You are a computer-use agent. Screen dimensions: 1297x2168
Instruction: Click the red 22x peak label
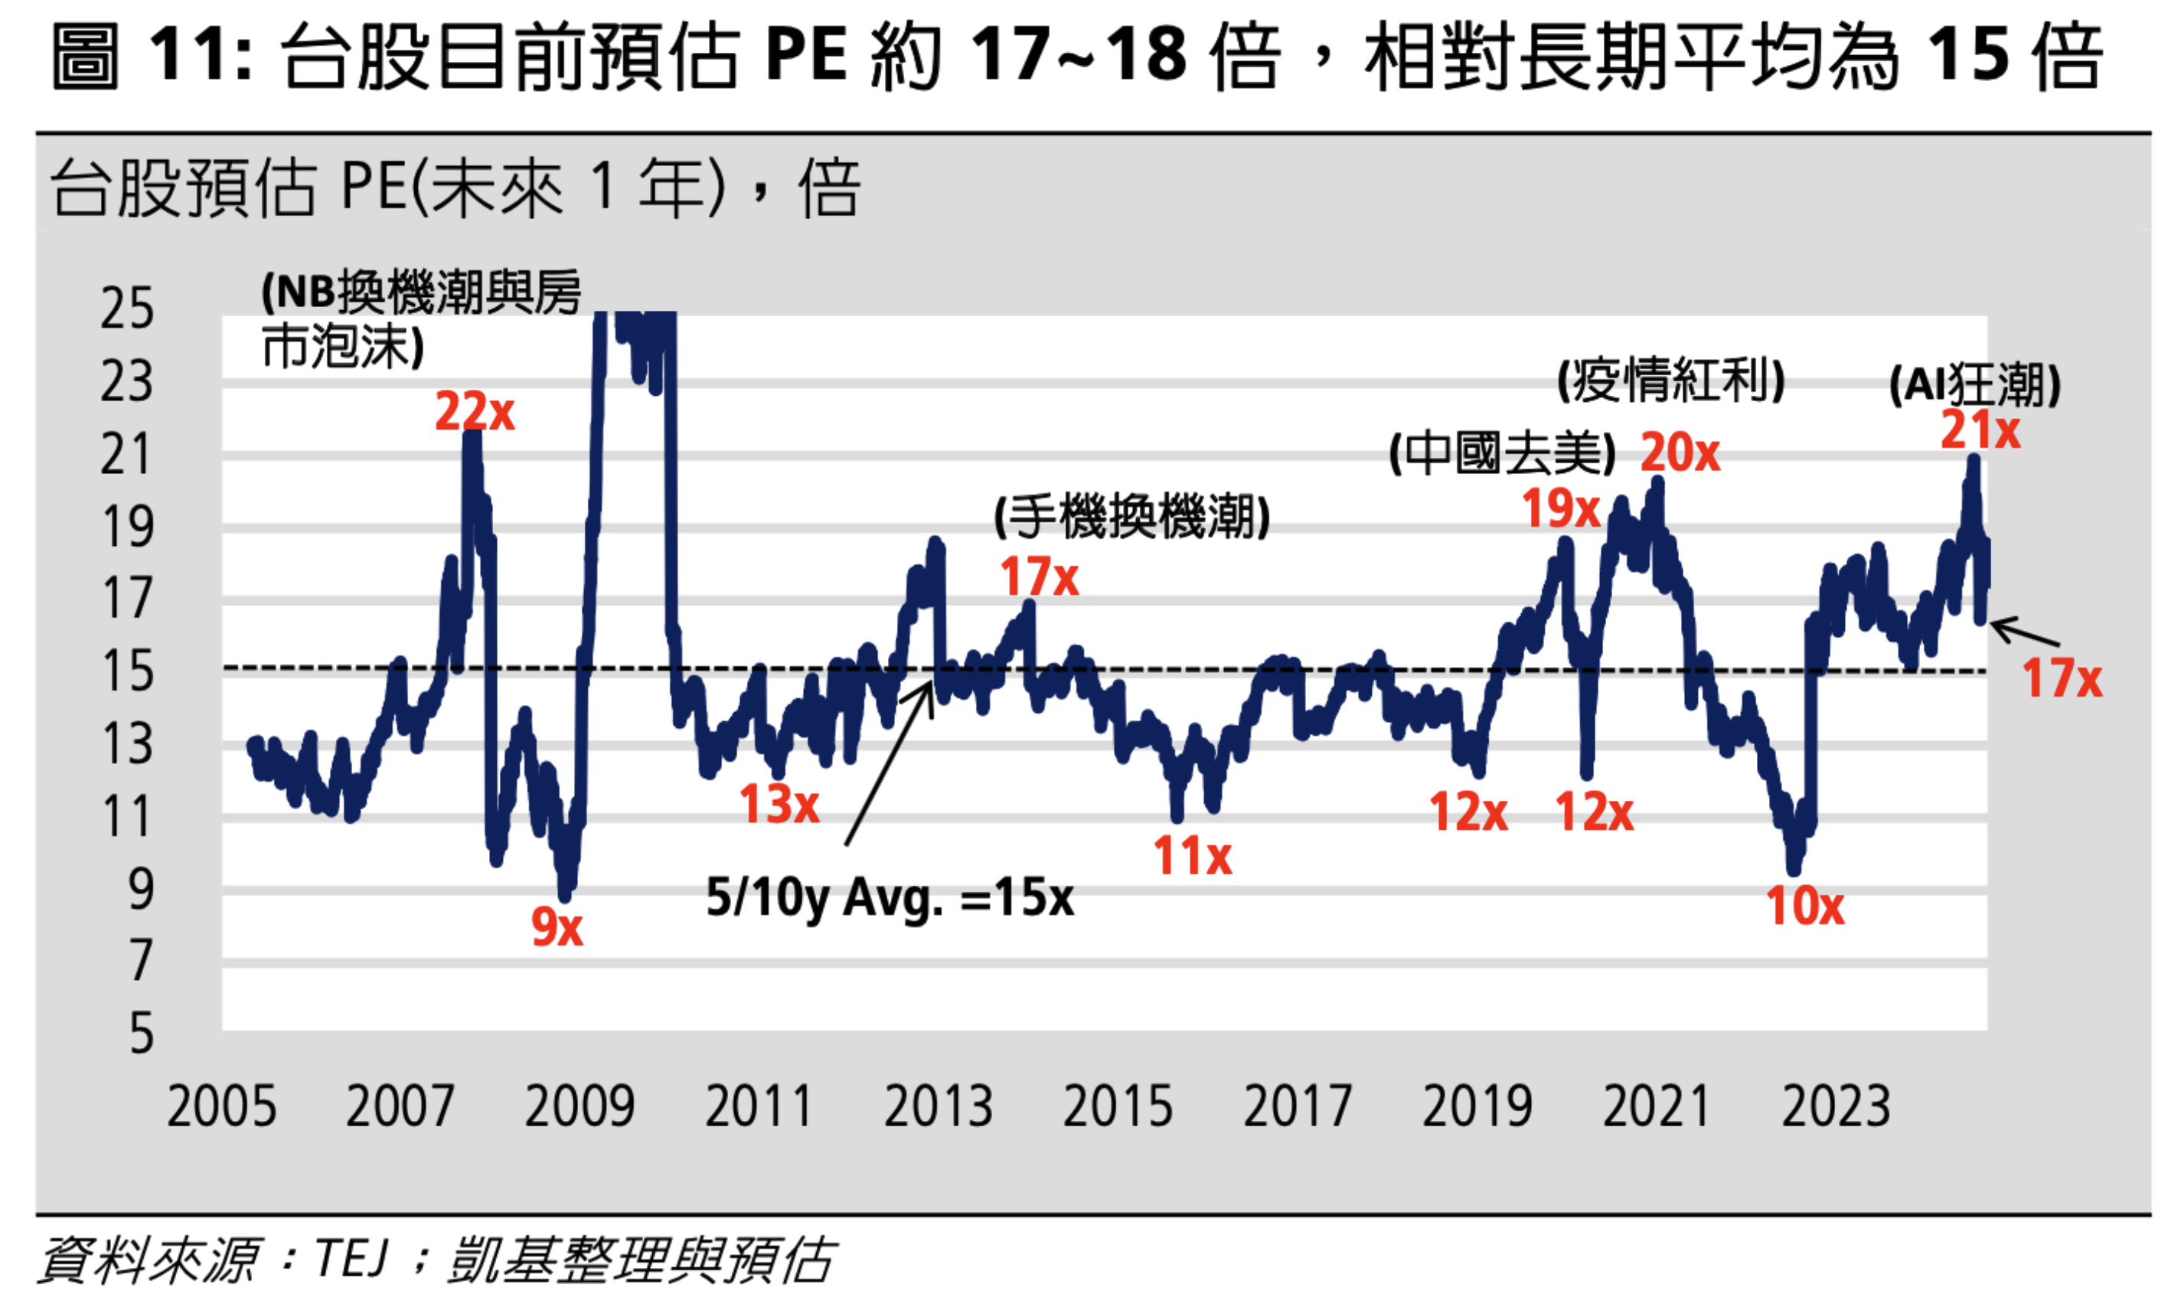click(475, 412)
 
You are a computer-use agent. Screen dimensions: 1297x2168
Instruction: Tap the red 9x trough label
click(557, 927)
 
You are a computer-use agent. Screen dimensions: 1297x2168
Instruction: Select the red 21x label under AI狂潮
click(1980, 430)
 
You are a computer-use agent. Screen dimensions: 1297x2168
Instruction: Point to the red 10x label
click(1805, 907)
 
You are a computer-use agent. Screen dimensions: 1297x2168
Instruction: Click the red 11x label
click(1192, 856)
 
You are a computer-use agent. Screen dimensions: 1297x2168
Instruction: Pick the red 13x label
click(779, 804)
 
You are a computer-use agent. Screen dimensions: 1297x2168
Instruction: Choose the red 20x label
click(1680, 452)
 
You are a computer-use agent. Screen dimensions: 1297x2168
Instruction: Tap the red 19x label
click(1561, 508)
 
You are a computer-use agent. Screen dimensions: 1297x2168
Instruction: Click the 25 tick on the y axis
click(128, 309)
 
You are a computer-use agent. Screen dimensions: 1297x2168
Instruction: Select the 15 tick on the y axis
click(128, 672)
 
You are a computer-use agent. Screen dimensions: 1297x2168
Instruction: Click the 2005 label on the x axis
click(222, 1106)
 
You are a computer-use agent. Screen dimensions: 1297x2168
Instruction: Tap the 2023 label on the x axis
click(1836, 1106)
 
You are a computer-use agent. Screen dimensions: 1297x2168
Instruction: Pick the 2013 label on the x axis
click(939, 1106)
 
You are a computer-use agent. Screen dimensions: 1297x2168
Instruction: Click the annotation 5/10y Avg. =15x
click(890, 898)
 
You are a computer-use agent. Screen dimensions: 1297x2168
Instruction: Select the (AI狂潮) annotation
click(1975, 384)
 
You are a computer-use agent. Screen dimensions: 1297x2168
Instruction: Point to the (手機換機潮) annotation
click(1131, 518)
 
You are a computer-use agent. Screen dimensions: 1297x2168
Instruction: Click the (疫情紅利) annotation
click(1671, 381)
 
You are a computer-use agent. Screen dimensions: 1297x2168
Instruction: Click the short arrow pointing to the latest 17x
click(2026, 632)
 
